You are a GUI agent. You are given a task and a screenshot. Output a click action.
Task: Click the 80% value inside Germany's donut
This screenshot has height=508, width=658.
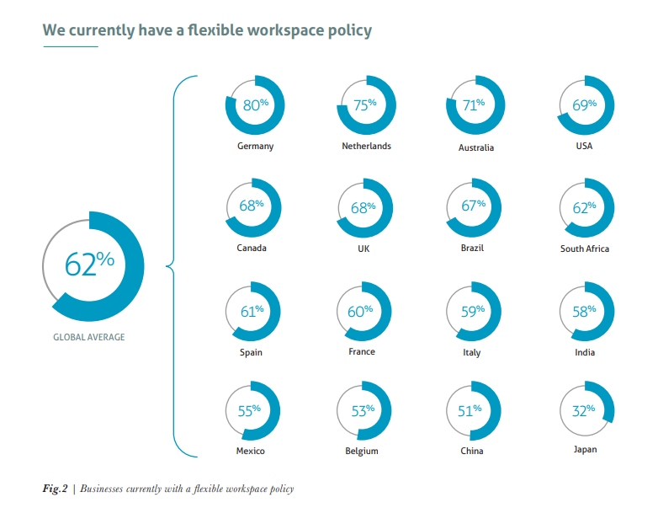(255, 105)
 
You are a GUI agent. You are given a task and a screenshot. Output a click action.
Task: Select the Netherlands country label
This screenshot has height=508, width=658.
(366, 146)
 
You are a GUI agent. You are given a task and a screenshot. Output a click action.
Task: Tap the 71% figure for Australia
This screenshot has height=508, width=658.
(475, 105)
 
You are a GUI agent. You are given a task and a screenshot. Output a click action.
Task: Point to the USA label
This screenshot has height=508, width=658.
(584, 146)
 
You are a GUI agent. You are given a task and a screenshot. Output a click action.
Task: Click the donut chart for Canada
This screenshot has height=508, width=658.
(253, 207)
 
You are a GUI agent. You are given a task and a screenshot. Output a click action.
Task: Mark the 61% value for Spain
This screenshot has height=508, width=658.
(252, 311)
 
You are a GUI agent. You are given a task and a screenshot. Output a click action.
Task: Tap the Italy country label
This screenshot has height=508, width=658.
(472, 352)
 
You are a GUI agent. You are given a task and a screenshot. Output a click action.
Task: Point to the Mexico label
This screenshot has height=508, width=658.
(250, 451)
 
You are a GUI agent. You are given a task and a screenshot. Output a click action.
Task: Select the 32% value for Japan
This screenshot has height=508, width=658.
(584, 410)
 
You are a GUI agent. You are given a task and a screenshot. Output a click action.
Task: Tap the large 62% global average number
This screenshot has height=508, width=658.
(89, 263)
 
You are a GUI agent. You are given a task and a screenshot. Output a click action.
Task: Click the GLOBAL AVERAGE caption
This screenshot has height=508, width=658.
(88, 337)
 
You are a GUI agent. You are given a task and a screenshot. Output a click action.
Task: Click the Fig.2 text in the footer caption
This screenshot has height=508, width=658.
(56, 489)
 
